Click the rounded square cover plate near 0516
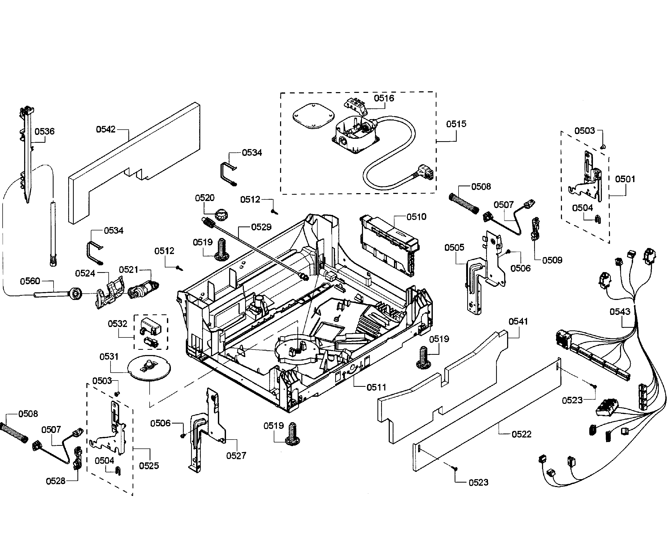(313, 116)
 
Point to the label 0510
(416, 217)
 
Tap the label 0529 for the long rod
(261, 227)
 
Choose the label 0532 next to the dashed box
(117, 324)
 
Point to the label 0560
(30, 281)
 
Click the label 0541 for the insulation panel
(518, 321)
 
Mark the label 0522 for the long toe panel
(521, 434)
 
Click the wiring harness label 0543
(620, 312)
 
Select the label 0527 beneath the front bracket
(236, 456)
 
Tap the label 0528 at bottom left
(55, 481)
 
